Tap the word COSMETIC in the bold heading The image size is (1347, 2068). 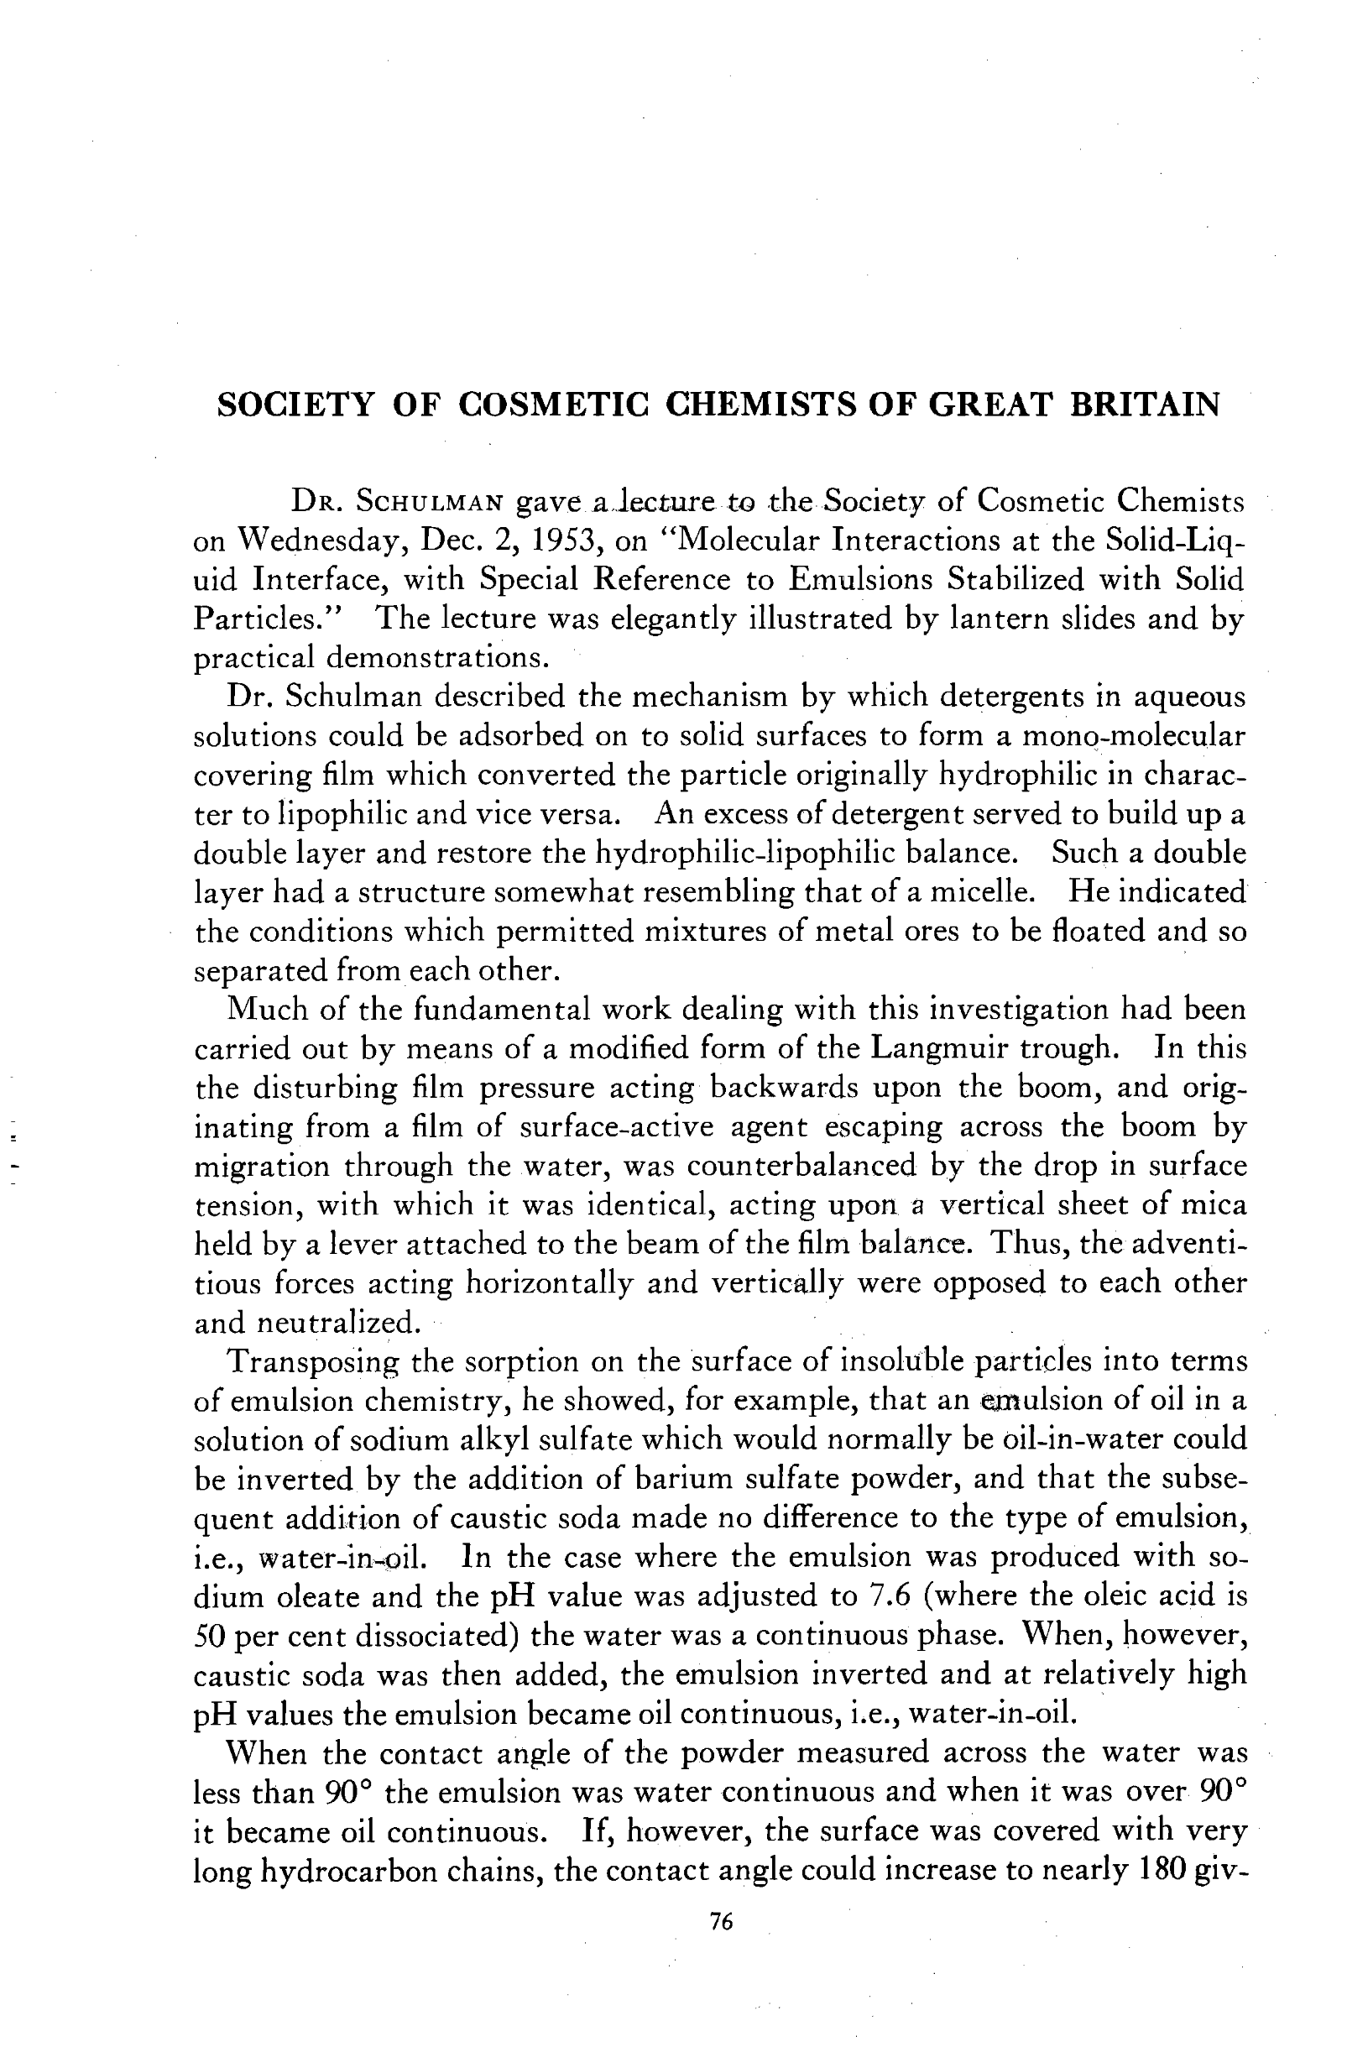(x=554, y=405)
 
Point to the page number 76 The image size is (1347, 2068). (x=722, y=1923)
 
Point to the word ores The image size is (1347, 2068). (x=937, y=932)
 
